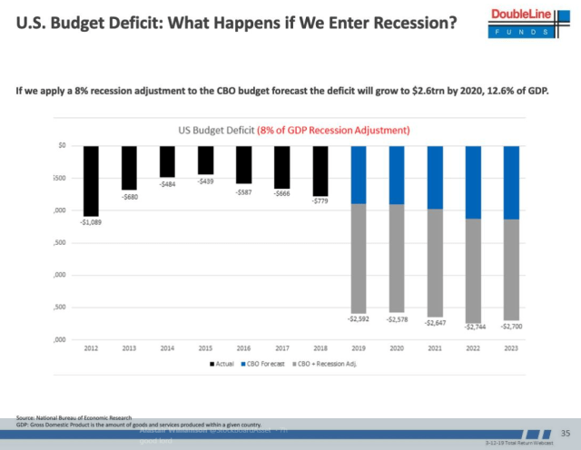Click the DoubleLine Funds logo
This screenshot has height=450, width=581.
(x=533, y=21)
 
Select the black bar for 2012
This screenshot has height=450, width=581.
(x=91, y=180)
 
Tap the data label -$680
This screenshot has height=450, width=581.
(x=130, y=197)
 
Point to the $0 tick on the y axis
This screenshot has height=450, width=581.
(x=62, y=145)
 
